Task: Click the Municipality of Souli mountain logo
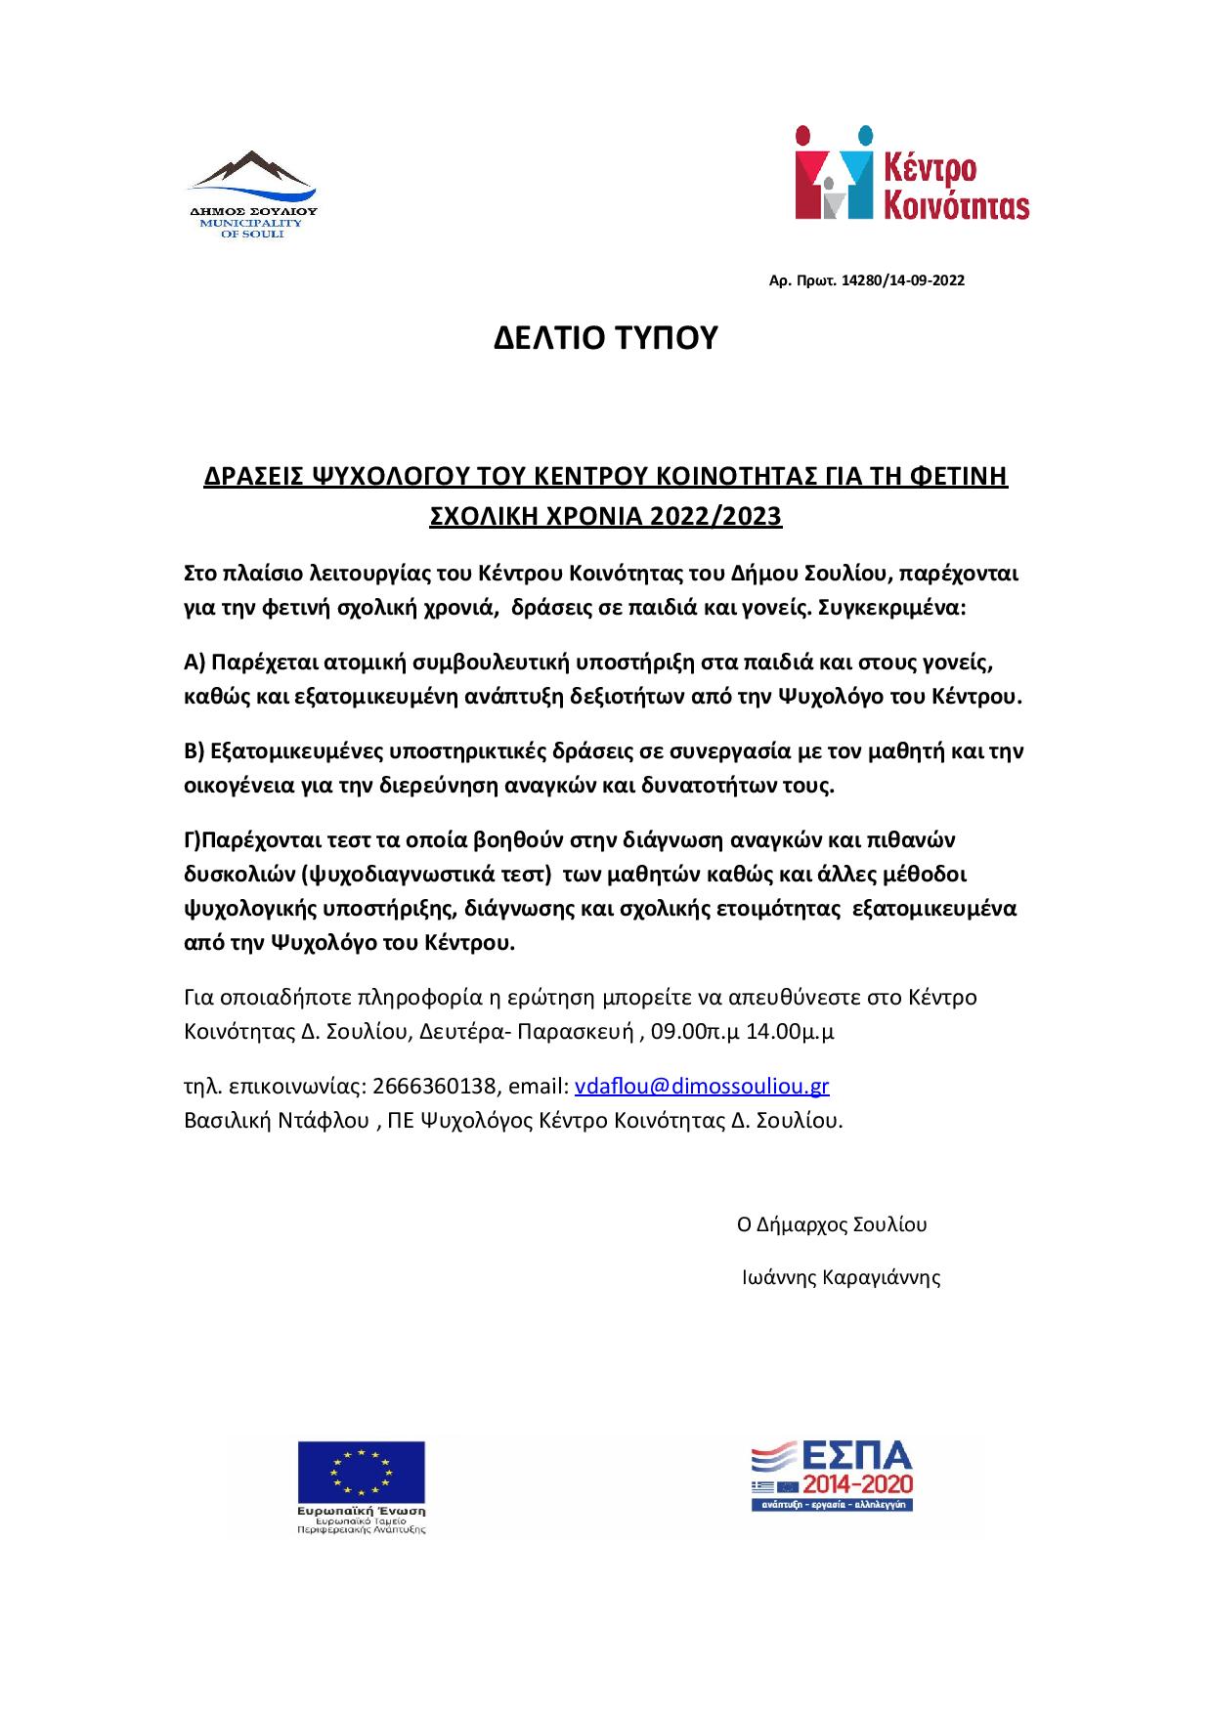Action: [x=252, y=176]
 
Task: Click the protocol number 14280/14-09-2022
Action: [x=902, y=280]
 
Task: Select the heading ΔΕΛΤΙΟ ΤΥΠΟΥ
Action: [x=605, y=337]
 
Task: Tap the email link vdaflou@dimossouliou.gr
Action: [x=702, y=1086]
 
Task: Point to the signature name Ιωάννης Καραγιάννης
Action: [x=842, y=1276]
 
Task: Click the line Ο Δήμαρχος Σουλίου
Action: [x=832, y=1224]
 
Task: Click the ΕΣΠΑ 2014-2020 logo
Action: [x=832, y=1477]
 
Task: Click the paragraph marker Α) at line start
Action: [x=194, y=663]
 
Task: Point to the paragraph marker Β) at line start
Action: [x=194, y=751]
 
